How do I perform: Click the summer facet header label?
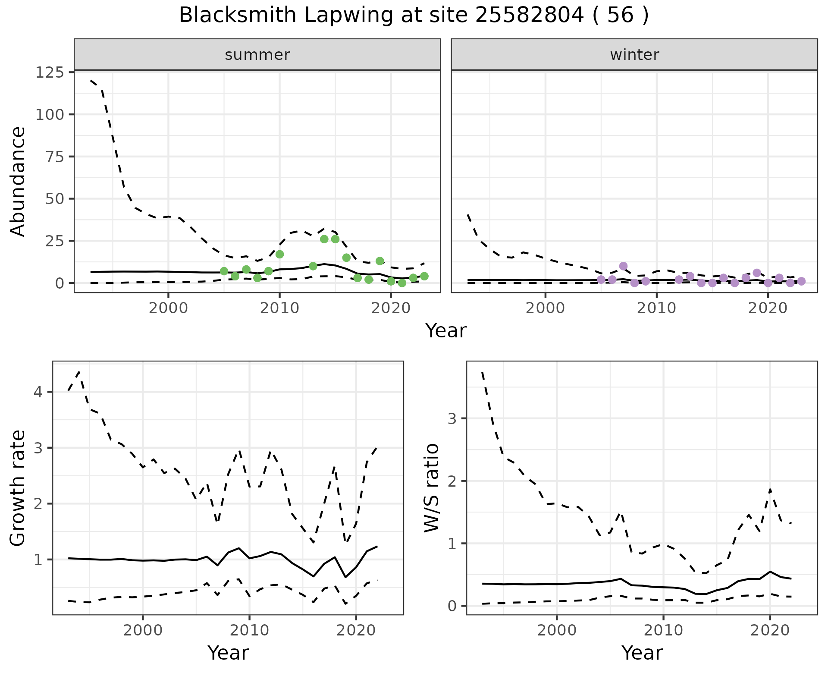pos(257,55)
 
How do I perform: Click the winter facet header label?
pos(634,55)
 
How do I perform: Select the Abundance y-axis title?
pos(18,181)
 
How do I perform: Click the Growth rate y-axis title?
pos(18,488)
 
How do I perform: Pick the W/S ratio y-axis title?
pos(432,488)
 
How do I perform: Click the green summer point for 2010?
pos(279,254)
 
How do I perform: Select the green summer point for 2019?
pos(379,261)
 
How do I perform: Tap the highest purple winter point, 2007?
pos(623,266)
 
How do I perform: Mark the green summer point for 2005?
pos(224,271)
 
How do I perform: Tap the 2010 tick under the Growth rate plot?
pos(249,630)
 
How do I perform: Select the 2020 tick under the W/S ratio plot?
pos(770,630)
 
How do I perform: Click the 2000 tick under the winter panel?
pos(545,308)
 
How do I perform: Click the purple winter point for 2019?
pos(757,273)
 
